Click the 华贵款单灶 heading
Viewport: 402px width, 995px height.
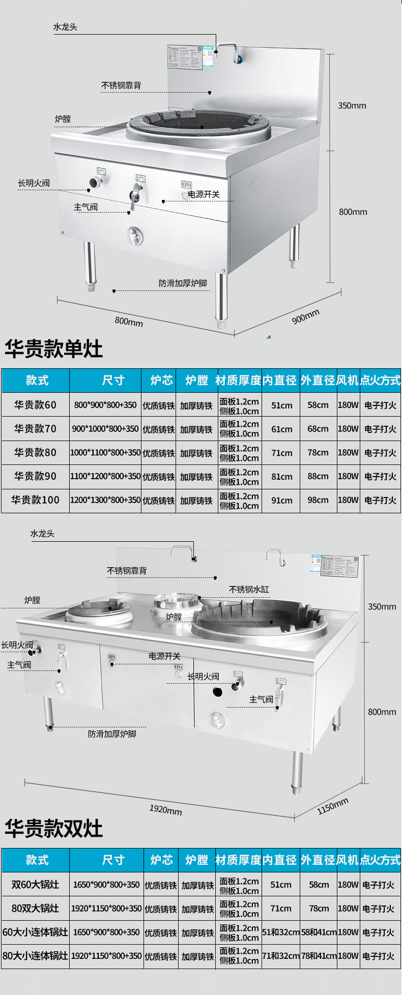[x=53, y=349]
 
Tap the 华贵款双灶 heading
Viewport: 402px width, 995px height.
[x=53, y=828]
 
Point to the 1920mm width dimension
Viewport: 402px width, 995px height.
[x=165, y=809]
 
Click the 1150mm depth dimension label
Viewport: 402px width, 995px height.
[x=333, y=806]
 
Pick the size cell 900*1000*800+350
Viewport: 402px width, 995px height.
[x=105, y=429]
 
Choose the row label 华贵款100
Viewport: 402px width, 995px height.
[x=35, y=500]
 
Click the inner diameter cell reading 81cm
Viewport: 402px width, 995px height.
[x=281, y=477]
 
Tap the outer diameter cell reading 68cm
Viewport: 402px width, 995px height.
[x=318, y=429]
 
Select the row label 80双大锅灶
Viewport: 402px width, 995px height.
[x=35, y=908]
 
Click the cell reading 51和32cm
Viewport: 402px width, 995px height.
[x=280, y=932]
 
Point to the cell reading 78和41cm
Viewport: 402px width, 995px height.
[x=319, y=956]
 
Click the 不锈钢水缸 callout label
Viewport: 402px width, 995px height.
[x=249, y=590]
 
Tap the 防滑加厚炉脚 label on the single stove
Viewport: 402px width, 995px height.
[x=183, y=283]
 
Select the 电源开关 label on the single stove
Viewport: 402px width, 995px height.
[x=204, y=194]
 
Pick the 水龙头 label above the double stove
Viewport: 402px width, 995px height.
[x=42, y=534]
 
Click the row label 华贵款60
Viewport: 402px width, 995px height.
[x=35, y=405]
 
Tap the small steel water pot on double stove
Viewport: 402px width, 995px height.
[x=176, y=602]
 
